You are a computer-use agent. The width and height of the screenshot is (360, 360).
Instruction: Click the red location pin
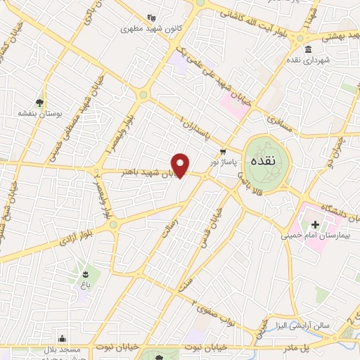click(x=181, y=165)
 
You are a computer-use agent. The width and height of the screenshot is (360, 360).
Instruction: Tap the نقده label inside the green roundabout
click(x=267, y=161)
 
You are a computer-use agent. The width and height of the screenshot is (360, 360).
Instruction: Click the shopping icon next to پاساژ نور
click(x=224, y=152)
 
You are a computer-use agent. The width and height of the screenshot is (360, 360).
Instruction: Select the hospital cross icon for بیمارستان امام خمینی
click(x=315, y=226)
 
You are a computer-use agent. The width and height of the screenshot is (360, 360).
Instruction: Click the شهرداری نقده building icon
click(x=309, y=49)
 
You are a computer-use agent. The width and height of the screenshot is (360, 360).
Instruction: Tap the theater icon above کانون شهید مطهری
click(x=150, y=19)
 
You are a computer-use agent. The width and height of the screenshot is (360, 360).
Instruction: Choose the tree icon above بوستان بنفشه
click(x=39, y=102)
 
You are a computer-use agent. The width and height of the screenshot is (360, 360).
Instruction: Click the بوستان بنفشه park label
click(x=39, y=112)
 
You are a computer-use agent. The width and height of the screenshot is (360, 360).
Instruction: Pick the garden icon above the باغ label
click(x=84, y=274)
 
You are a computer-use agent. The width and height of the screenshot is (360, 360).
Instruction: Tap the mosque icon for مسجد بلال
click(x=63, y=338)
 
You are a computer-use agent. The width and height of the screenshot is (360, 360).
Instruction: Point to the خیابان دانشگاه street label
click(x=325, y=207)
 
